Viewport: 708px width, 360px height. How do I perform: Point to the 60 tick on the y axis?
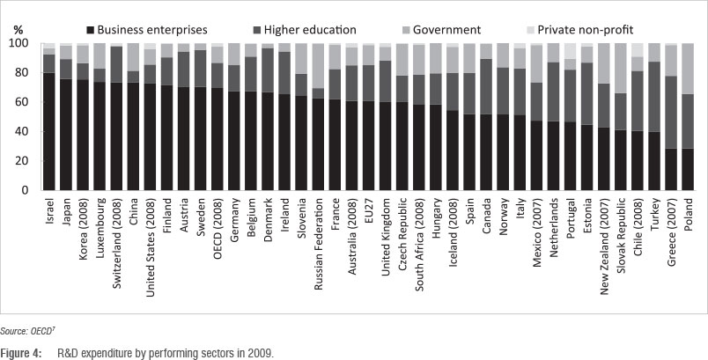(x=24, y=102)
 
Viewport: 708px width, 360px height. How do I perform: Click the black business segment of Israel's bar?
(x=49, y=132)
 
